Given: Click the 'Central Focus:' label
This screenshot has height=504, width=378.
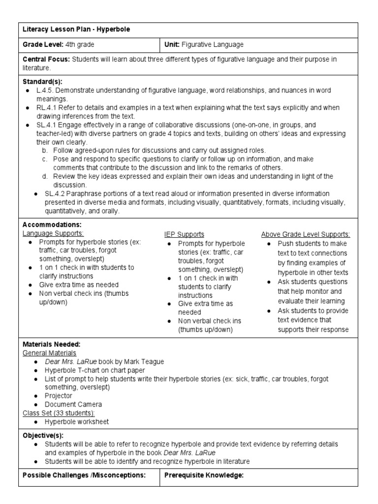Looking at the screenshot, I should tap(46, 59).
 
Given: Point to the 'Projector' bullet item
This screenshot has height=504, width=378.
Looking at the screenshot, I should tap(58, 396).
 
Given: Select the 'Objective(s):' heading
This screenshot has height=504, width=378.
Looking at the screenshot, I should tap(43, 436).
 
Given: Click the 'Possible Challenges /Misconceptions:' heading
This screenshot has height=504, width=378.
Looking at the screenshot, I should tap(85, 475).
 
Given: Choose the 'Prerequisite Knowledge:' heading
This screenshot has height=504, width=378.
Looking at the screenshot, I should tap(204, 475).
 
